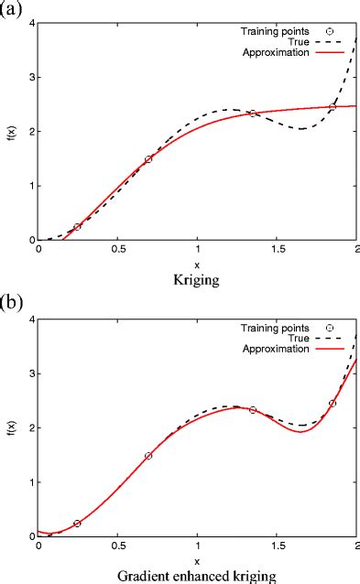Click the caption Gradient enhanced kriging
pos(197,575)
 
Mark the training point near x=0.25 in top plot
pos(77,227)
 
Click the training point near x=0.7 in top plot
pos(148,159)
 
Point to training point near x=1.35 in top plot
pos(253,114)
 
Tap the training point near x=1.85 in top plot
pos(333,107)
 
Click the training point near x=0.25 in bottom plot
pos(77,524)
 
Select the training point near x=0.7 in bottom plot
pos(148,456)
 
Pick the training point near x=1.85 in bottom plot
pos(333,404)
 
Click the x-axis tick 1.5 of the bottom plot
pos(277,548)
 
